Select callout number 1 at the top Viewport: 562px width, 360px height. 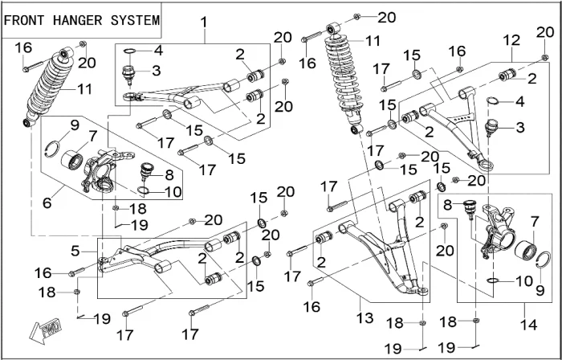point(204,21)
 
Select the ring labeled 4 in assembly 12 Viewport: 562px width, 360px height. point(495,101)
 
